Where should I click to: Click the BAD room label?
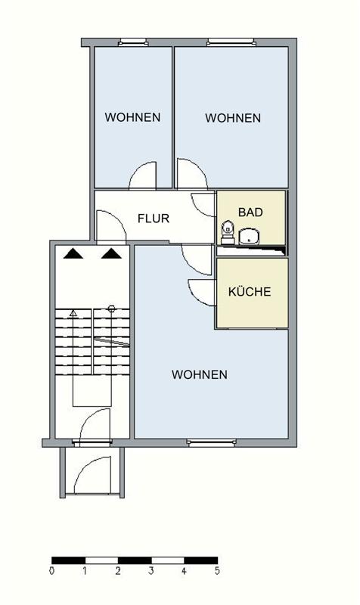[x=250, y=213]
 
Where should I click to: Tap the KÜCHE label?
[x=250, y=292]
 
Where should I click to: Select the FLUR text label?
[x=153, y=219]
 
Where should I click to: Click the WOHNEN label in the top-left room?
[x=132, y=117]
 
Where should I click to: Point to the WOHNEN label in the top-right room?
[x=233, y=118]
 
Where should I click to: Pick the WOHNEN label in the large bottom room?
[x=199, y=374]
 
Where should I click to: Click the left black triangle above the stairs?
[x=73, y=254]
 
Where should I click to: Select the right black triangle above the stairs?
[x=110, y=254]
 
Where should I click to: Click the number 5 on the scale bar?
[x=217, y=571]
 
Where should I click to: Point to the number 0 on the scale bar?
[x=51, y=571]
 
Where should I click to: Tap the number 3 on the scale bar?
[x=151, y=571]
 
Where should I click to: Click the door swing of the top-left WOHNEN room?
[x=143, y=175]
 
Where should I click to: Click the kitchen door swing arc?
[x=200, y=291]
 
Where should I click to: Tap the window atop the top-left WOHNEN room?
[x=133, y=42]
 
